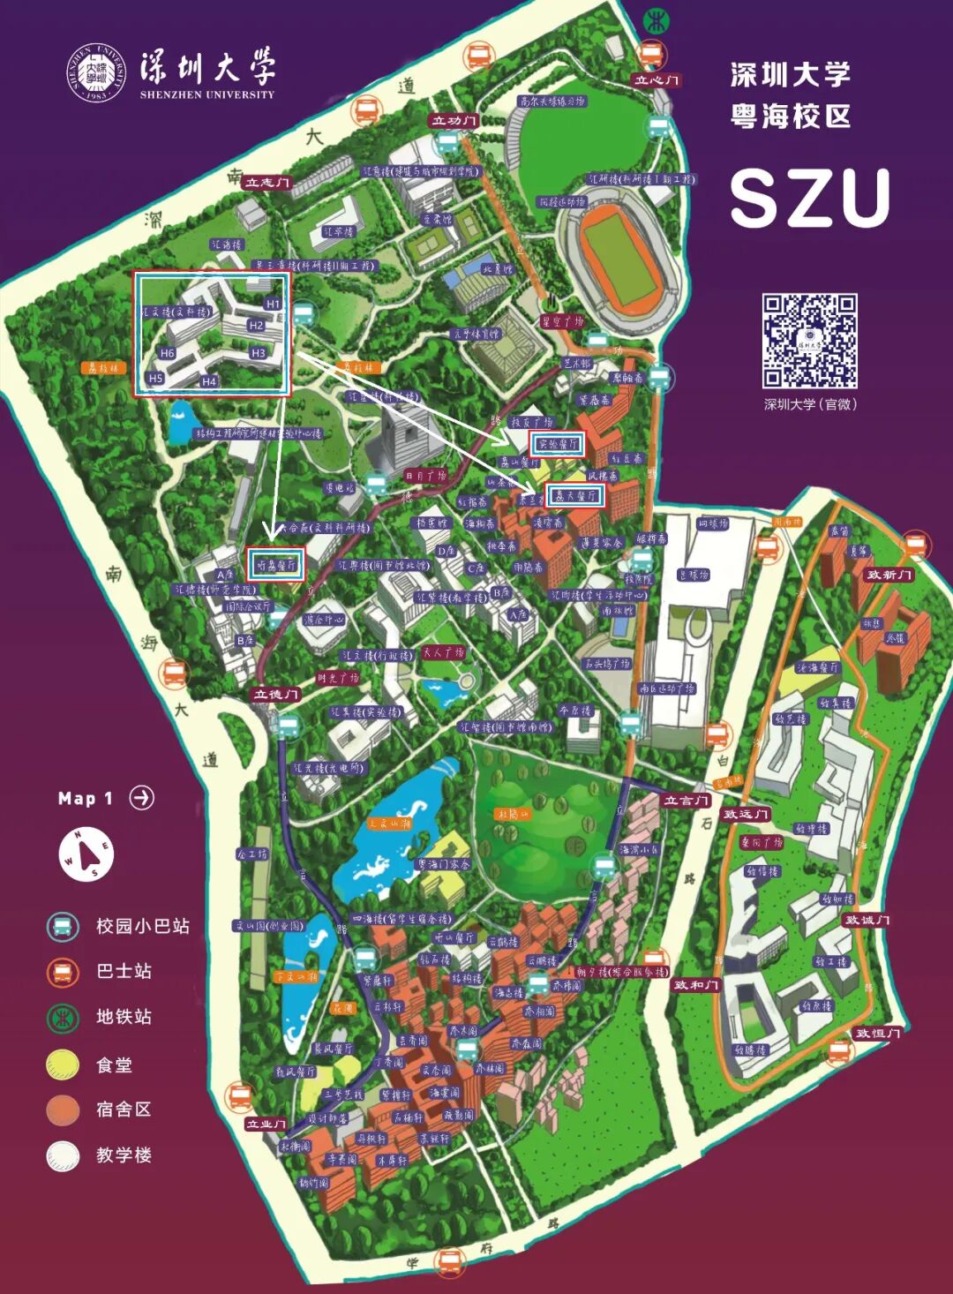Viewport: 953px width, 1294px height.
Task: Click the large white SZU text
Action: tap(809, 198)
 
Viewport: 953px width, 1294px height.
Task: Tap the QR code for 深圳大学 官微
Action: tap(809, 341)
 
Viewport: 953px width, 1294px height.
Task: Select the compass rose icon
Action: tap(86, 854)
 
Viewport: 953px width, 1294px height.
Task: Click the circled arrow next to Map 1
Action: tap(141, 798)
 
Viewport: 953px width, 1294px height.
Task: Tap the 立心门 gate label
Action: tap(657, 80)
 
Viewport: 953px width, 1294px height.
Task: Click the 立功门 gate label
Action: tap(454, 121)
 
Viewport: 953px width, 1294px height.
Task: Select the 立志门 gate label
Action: tap(266, 183)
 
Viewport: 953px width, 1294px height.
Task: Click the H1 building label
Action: tap(273, 304)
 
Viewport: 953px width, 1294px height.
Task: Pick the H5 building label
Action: tap(155, 378)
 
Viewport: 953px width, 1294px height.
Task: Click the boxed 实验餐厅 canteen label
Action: tap(557, 444)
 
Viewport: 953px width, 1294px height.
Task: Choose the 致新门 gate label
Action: tap(889, 575)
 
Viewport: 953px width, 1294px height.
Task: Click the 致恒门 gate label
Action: tap(877, 1033)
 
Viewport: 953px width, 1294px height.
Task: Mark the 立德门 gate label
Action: tap(277, 695)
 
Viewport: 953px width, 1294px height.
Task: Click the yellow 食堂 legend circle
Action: tap(63, 1065)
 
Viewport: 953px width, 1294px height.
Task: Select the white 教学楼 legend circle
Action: tap(63, 1155)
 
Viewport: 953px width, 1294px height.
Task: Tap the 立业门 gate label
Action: tap(266, 1124)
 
